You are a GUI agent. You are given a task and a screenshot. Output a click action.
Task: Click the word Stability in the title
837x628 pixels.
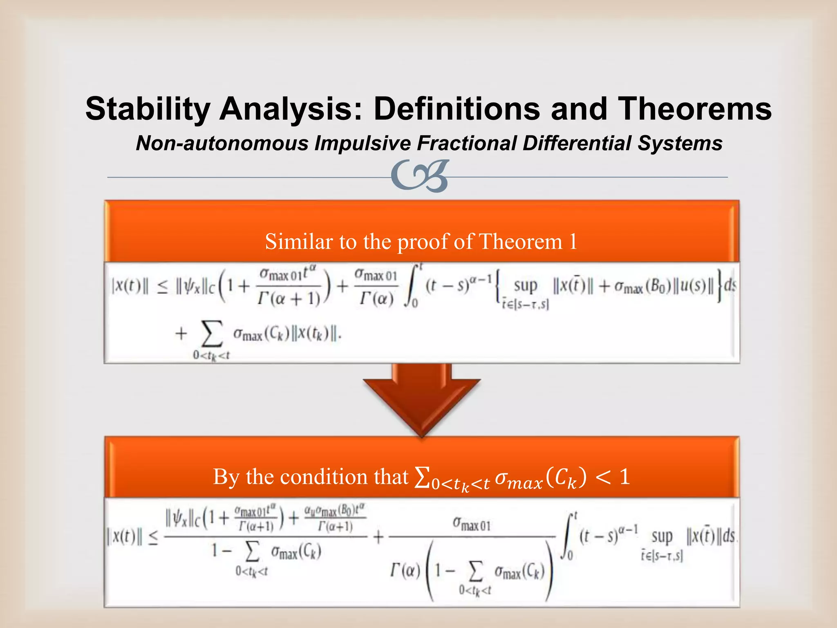[x=148, y=109]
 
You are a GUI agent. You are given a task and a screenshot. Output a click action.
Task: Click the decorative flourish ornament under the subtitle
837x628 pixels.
[x=420, y=176]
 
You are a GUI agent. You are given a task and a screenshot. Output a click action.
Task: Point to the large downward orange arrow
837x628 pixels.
[x=421, y=399]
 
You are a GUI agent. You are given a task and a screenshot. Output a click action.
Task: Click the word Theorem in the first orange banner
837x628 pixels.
[x=520, y=241]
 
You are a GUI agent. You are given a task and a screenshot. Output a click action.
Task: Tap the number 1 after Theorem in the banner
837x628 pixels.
[x=573, y=241]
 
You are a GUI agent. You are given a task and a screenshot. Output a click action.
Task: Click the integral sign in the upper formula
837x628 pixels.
[x=411, y=286]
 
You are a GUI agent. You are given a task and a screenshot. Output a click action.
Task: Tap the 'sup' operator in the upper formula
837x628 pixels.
[x=525, y=286]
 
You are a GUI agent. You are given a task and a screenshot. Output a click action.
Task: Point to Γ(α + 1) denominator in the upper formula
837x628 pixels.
[x=289, y=299]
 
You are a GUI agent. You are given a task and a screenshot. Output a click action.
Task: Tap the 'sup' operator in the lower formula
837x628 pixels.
[x=662, y=536]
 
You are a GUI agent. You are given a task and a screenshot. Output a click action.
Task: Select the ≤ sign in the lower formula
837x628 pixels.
[x=153, y=539]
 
